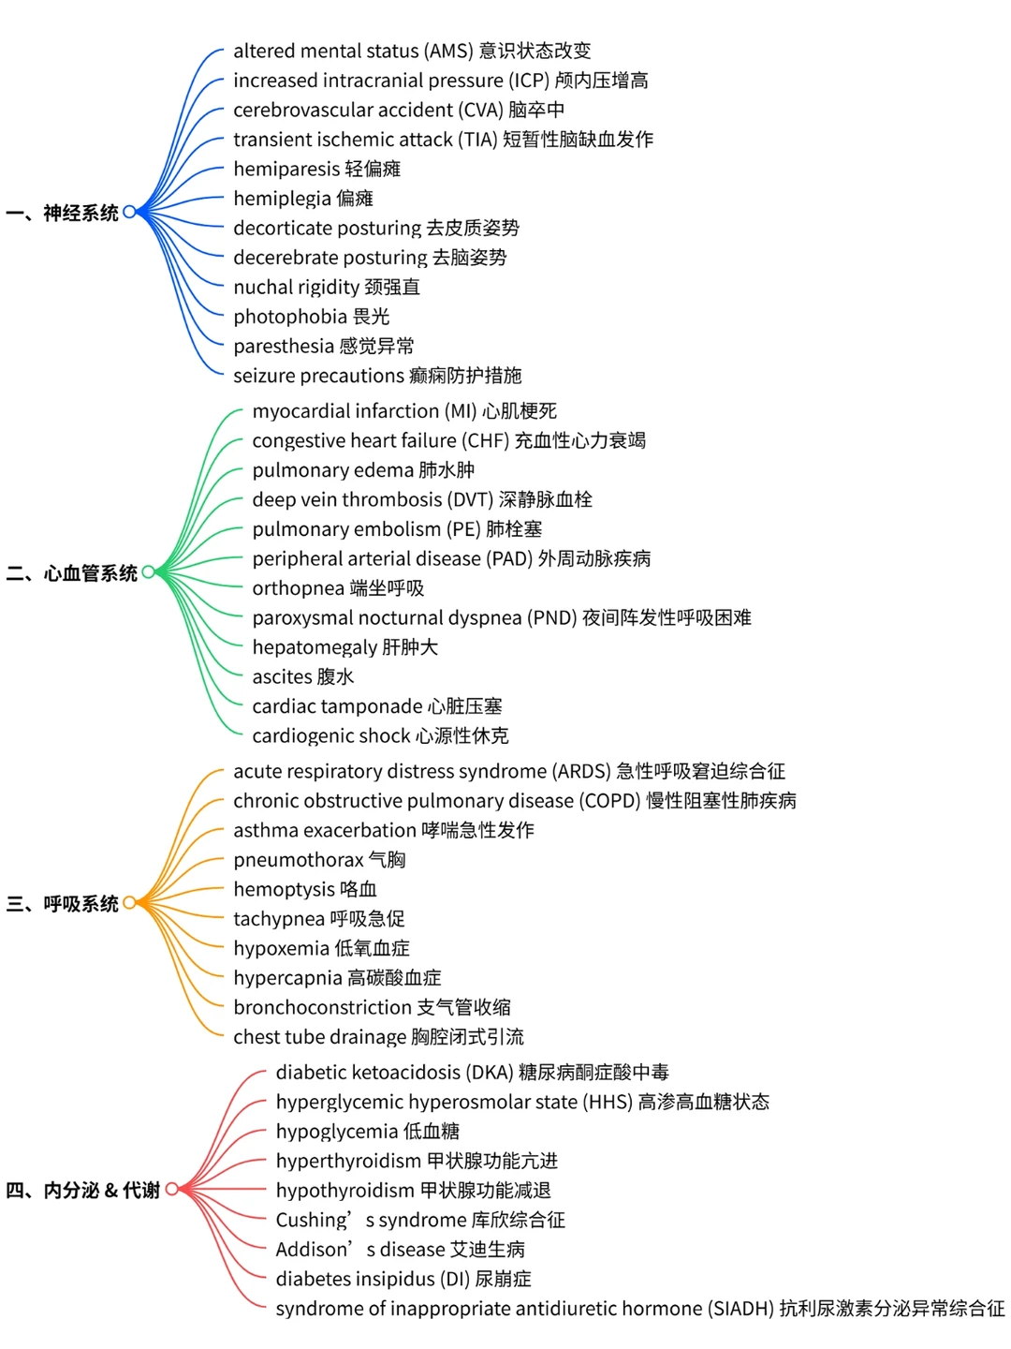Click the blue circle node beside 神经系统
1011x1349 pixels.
129,212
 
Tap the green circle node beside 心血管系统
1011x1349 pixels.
148,571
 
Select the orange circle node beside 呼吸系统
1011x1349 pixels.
129,902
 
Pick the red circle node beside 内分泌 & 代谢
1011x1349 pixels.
171,1189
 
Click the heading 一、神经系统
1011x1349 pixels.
63,214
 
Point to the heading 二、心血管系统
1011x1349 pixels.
72,573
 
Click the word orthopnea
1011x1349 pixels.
298,588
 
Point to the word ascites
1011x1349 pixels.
282,676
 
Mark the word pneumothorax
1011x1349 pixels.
298,860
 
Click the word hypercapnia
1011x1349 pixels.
287,978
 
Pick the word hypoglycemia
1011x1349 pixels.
336,1132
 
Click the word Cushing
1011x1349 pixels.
312,1220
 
